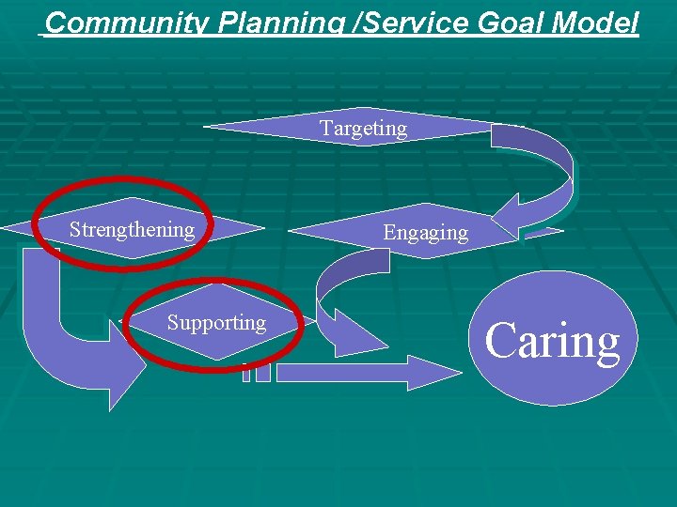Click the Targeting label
click(x=363, y=129)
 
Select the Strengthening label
click(x=132, y=230)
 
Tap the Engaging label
click(x=425, y=233)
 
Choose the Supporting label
click(x=216, y=323)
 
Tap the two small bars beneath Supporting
click(x=256, y=372)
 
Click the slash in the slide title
click(x=352, y=23)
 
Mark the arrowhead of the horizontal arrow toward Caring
click(x=433, y=373)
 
